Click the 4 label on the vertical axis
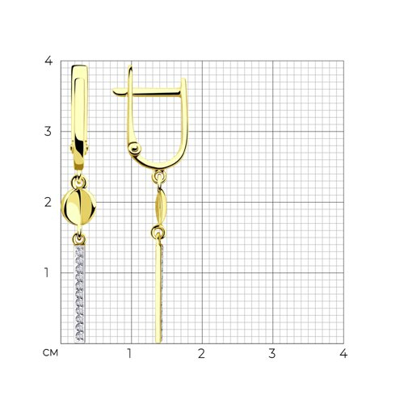click(x=48, y=61)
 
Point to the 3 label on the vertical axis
click(x=48, y=132)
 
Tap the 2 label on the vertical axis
click(x=48, y=202)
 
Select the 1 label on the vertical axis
click(x=47, y=272)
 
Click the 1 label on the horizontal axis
click(x=129, y=353)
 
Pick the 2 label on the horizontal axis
click(x=201, y=353)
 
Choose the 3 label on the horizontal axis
click(x=272, y=353)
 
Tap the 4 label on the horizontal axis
click(x=343, y=353)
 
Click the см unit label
click(x=50, y=353)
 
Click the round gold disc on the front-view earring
click(x=78, y=207)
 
